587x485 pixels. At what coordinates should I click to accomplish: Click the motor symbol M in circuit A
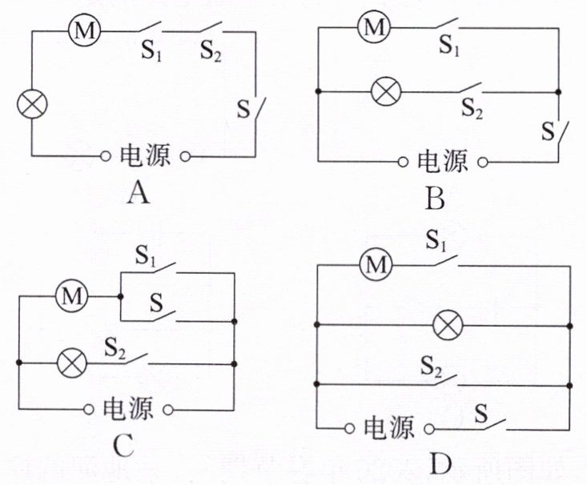[85, 30]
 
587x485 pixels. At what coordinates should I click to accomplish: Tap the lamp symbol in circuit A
[33, 104]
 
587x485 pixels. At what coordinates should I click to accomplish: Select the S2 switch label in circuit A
[211, 51]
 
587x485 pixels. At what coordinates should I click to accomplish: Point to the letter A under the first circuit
[139, 194]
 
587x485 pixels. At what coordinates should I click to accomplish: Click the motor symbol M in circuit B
[374, 27]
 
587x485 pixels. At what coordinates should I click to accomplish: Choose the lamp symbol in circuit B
[386, 91]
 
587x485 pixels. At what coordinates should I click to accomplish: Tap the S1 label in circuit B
[449, 45]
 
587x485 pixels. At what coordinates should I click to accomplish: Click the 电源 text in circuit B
[443, 161]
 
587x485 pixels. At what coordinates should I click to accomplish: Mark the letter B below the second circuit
[435, 198]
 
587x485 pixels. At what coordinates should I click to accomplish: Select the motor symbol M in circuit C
[71, 296]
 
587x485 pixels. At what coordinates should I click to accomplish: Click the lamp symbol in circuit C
[71, 363]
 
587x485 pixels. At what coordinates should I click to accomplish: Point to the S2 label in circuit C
[115, 348]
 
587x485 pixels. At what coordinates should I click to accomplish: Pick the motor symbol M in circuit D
[376, 265]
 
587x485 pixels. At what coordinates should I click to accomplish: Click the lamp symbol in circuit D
[448, 325]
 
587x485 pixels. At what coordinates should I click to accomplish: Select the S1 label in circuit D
[436, 240]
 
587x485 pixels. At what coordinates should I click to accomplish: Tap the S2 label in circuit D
[431, 367]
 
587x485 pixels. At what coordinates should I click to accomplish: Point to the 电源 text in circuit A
[145, 155]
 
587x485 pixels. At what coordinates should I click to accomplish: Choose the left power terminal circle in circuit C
[88, 410]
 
